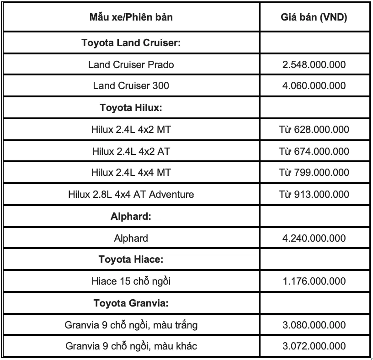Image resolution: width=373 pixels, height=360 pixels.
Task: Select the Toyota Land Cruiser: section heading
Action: [x=131, y=43]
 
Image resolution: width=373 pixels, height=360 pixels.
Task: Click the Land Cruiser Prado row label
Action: [x=131, y=64]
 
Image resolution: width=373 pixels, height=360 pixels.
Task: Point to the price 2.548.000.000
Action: [x=314, y=64]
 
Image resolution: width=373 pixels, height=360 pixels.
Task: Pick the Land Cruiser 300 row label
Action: [x=131, y=85]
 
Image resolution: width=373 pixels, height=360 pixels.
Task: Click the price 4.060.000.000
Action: [x=314, y=85]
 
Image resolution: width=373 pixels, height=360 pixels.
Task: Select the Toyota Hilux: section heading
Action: [x=131, y=108]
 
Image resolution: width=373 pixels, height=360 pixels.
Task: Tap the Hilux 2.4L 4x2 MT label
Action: [x=131, y=130]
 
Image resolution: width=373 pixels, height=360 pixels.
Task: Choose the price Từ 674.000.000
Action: [x=314, y=151]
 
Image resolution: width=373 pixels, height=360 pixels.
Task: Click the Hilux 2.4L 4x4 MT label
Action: [x=131, y=172]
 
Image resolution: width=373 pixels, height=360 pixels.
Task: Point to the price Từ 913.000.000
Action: [x=314, y=194]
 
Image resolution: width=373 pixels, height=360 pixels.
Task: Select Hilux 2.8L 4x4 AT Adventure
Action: [x=131, y=194]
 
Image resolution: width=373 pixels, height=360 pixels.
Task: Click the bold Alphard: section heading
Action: [x=131, y=217]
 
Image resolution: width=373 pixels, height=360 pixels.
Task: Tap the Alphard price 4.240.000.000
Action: [x=314, y=238]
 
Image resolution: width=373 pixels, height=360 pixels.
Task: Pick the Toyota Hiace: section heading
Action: [x=131, y=259]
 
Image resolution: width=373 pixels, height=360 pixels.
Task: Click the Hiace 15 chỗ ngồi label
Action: [x=131, y=281]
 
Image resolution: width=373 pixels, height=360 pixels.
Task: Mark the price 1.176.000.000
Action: [x=314, y=281]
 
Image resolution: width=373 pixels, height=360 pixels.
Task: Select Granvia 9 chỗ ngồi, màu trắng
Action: [x=131, y=325]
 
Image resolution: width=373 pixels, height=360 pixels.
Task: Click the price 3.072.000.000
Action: [x=314, y=346]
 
